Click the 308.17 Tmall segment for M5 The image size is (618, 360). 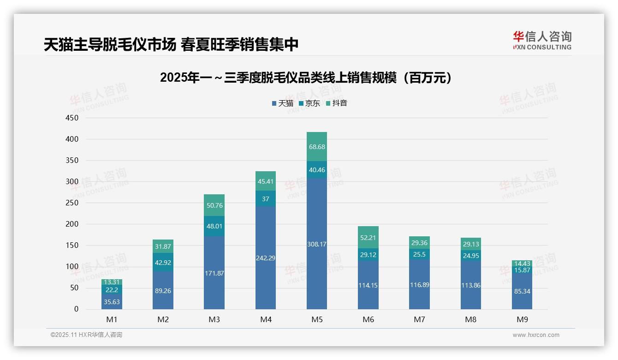coord(316,244)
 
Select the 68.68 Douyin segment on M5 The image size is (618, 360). coord(316,147)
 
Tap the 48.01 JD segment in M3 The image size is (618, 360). coord(214,226)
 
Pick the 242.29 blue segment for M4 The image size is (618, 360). coord(265,258)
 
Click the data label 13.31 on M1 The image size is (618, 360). coord(112,282)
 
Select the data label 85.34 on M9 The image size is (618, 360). coord(522,291)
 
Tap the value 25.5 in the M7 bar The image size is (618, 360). coord(419,254)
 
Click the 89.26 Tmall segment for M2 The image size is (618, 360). coord(163,290)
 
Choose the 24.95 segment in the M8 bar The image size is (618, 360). coord(470,256)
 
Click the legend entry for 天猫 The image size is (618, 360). coord(282,103)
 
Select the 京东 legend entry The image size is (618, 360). coord(309,103)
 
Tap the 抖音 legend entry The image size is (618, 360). coord(336,103)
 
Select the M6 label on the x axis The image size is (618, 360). coord(368,319)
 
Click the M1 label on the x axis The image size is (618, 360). coord(112,319)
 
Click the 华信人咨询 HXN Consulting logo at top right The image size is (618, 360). coord(542,41)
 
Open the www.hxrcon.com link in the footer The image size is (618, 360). coord(535,335)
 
